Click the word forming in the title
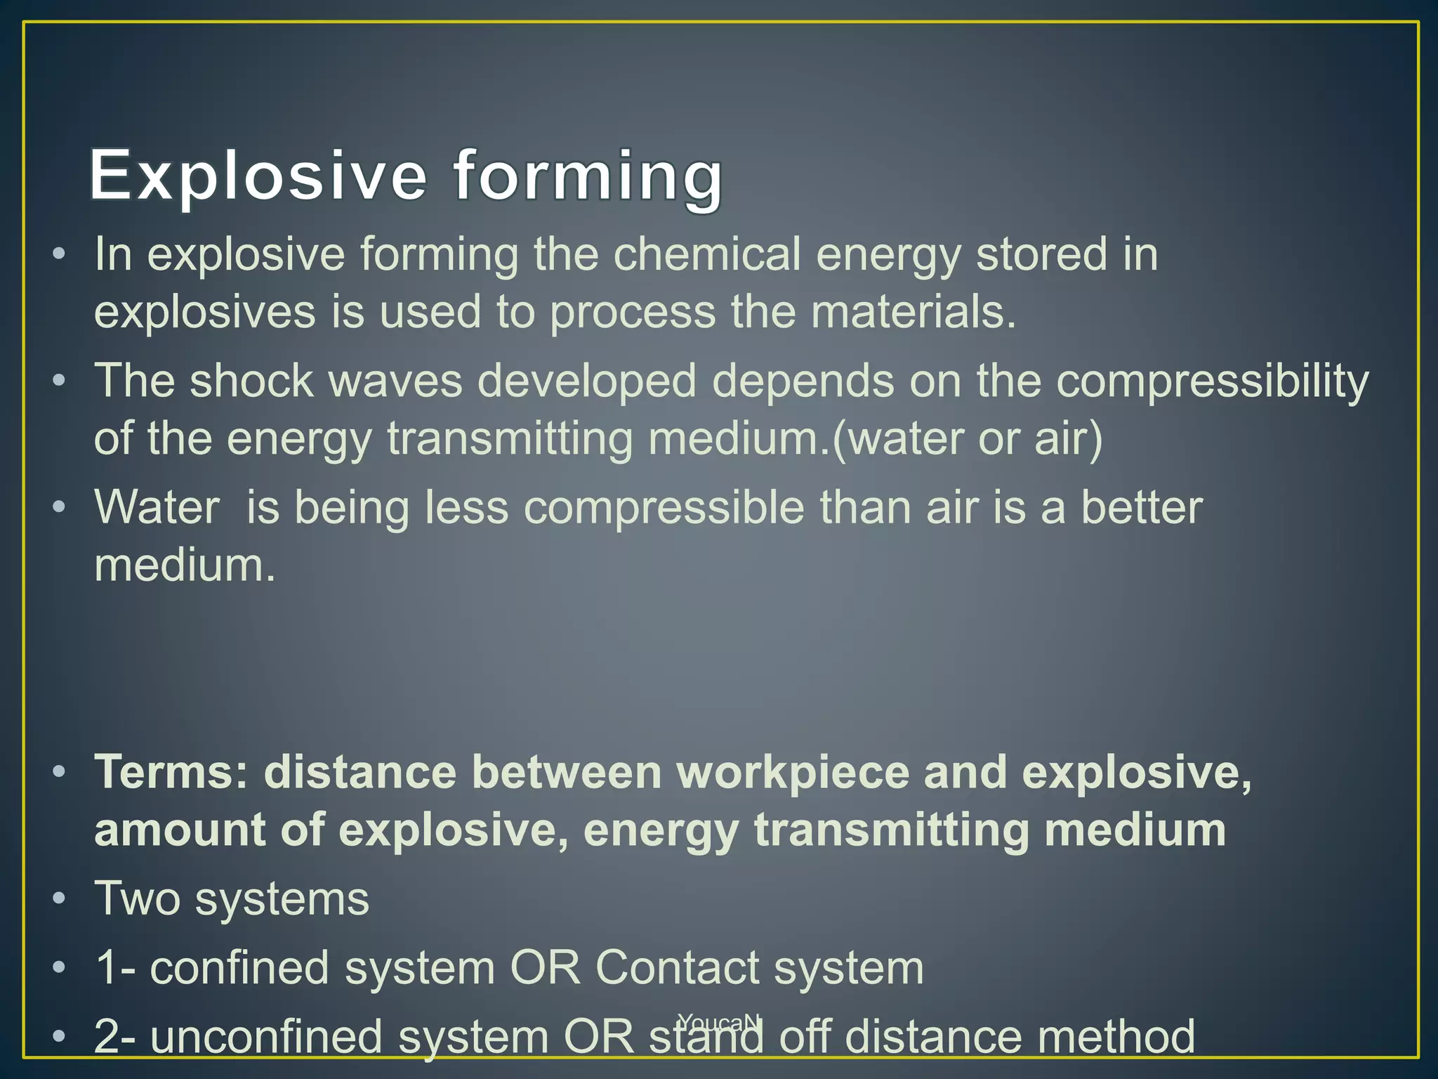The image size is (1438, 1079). tap(588, 176)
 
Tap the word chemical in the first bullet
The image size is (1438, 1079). tap(707, 254)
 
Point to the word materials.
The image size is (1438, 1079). tap(913, 312)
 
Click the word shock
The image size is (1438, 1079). tap(251, 381)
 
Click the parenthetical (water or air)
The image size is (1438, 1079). tap(967, 440)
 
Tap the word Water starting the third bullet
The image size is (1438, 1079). tap(157, 507)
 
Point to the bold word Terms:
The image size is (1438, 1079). tap(171, 773)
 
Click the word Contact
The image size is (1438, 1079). tap(677, 968)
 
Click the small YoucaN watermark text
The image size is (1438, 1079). tap(719, 1021)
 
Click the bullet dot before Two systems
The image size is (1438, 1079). tap(60, 898)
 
